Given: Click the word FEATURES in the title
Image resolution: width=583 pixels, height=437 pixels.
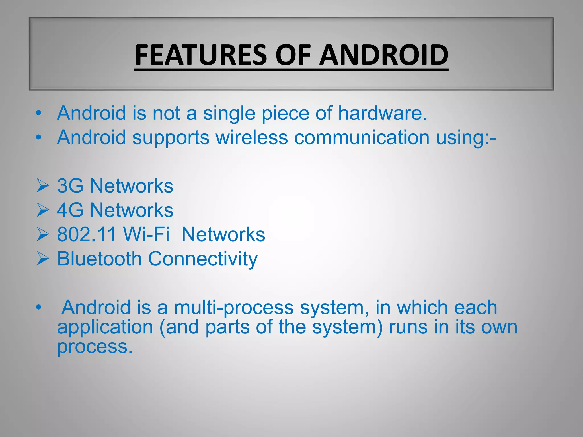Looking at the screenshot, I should (x=201, y=55).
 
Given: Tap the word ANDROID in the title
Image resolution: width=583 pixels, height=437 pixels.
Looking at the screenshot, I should (x=383, y=55).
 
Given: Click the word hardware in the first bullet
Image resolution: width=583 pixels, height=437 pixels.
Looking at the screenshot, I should (x=383, y=113).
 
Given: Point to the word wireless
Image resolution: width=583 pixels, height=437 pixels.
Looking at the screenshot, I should (x=252, y=137).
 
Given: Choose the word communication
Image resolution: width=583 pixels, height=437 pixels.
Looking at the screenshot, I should (x=362, y=137).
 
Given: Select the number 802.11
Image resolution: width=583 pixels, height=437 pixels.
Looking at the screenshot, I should (x=87, y=235).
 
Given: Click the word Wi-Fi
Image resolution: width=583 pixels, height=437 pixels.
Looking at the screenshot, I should (x=146, y=235).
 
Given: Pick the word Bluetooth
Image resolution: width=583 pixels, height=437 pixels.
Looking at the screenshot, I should (x=99, y=259).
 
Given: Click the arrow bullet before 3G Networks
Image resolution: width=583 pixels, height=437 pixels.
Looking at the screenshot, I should (x=43, y=186).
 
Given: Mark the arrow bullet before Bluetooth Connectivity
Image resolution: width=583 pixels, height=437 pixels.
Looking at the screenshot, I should (x=43, y=259).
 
